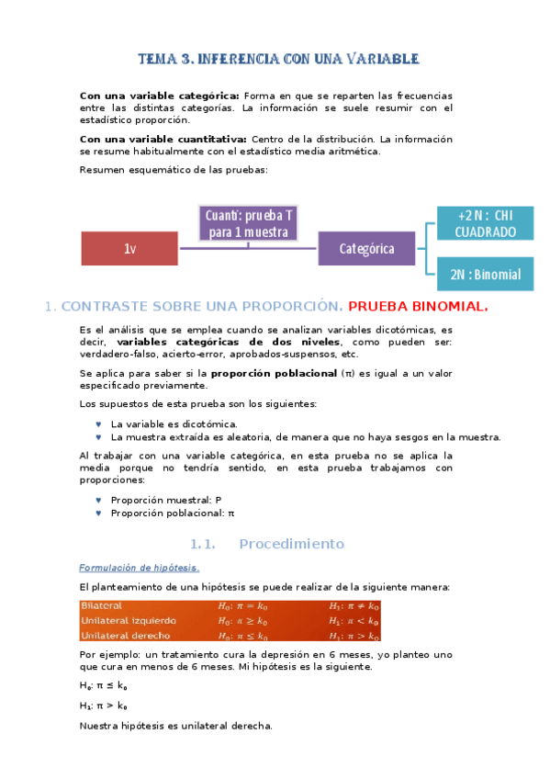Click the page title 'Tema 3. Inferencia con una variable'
pos(278,59)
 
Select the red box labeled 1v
pos(129,249)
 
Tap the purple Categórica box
pos(366,249)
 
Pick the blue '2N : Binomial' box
pos(485,274)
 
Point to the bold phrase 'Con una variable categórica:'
pos(160,96)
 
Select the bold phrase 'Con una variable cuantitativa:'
pos(163,140)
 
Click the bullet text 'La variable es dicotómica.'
pos(174,424)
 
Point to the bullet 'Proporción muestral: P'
pos(166,500)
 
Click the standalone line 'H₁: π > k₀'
pos(104,706)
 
